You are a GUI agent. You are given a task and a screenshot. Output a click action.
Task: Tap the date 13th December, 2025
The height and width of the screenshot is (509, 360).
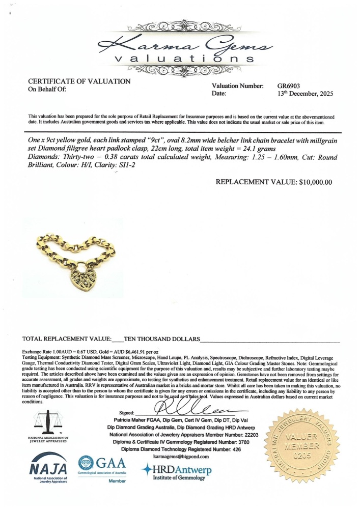303,94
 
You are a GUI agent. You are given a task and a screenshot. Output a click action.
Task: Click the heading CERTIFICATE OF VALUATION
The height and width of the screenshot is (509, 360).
79,81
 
